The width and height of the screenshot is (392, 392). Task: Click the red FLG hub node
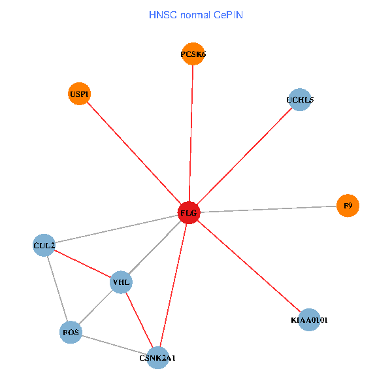pos(188,213)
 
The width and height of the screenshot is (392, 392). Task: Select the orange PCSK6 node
pos(193,55)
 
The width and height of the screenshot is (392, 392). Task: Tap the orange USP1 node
pos(79,94)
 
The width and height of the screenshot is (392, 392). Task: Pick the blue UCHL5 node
pos(299,100)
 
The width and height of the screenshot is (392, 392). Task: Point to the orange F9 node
pos(348,206)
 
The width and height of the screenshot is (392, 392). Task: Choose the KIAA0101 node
pos(309,320)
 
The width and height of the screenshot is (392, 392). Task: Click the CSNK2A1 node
pos(157,358)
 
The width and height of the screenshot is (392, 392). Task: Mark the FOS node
pos(71,333)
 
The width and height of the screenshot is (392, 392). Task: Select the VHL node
pos(122,282)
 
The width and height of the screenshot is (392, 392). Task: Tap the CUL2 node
pos(44,245)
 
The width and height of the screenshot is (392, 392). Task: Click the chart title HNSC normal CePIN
pos(196,14)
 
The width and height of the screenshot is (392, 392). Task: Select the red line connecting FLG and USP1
pos(133,154)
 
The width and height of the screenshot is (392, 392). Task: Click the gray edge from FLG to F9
pos(268,209)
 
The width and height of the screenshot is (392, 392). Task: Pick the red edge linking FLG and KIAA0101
pos(248,267)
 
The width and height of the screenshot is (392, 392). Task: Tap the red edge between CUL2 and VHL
pos(82,263)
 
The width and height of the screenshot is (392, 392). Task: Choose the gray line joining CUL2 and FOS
pos(57,289)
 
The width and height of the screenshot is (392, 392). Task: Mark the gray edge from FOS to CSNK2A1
pos(114,345)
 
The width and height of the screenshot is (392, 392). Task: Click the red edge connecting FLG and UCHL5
pos(244,156)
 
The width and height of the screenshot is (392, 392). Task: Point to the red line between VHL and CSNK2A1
pos(139,320)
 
